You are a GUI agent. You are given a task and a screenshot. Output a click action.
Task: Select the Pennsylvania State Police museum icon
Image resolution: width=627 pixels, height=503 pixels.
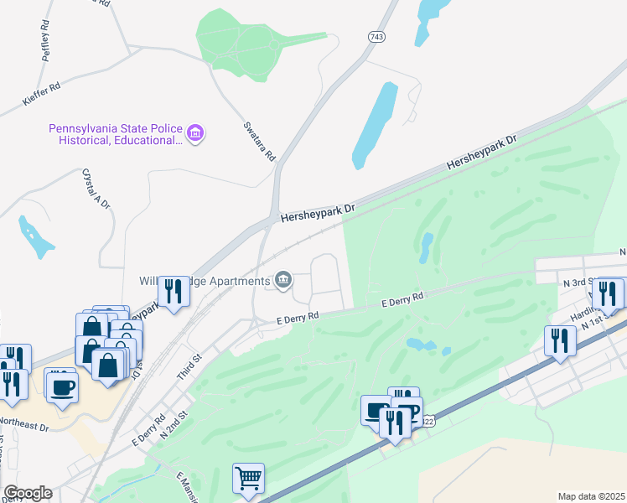(195, 133)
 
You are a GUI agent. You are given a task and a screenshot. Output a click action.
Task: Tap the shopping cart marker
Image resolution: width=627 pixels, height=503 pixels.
(248, 479)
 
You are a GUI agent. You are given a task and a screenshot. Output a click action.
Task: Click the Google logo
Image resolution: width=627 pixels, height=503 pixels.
(27, 493)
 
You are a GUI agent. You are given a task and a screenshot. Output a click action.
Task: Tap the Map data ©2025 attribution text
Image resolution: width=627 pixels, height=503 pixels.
(591, 495)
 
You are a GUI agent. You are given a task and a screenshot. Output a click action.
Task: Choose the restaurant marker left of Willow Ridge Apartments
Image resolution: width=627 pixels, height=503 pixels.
(174, 293)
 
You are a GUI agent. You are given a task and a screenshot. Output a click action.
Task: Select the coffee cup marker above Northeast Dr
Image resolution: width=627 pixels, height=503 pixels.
(62, 387)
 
